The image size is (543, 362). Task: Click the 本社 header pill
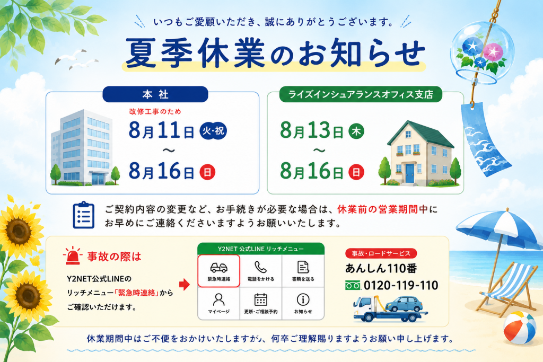[155, 94]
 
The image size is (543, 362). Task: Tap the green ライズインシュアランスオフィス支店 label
[361, 94]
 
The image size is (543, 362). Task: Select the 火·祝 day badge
[213, 131]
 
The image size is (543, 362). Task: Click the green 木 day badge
[356, 131]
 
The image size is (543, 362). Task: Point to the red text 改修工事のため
[155, 111]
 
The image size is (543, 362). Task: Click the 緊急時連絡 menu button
[219, 271]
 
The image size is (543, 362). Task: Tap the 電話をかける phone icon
[260, 267]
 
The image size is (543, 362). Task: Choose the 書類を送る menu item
[303, 271]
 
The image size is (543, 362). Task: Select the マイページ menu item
[219, 304]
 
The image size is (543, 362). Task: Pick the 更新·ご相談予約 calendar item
[261, 304]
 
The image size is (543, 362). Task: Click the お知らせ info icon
[303, 299]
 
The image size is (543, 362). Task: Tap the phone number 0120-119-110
[401, 286]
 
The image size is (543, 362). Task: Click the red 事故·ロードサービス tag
[381, 253]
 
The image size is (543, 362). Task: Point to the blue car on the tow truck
[404, 304]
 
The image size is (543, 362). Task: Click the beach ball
[520, 328]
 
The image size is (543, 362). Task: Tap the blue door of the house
[410, 173]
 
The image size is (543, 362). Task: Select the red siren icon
[73, 256]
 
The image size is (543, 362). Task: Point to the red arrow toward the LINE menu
[185, 285]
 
